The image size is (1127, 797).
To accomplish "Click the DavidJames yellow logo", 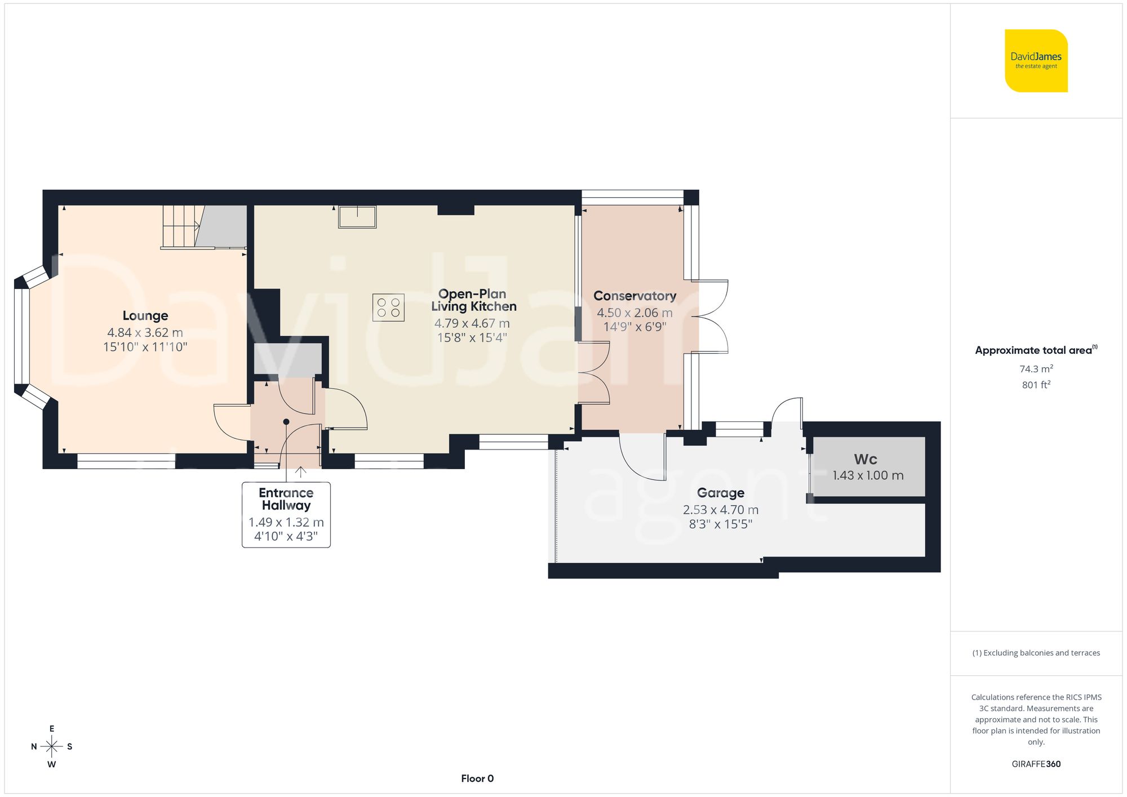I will point(1036,61).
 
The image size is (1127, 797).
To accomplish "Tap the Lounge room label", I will point(145,315).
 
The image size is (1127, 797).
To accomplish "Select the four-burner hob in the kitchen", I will point(388,308).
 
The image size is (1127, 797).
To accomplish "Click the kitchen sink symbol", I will point(357,217).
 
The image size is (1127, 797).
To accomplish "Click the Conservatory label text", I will point(635,296).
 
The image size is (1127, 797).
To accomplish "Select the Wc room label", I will point(865,459).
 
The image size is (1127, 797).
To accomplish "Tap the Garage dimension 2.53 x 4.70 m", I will point(720,510).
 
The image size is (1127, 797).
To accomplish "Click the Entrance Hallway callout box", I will point(286,514).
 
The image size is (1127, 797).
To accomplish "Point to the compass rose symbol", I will point(51,747).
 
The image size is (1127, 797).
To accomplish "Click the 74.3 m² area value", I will point(1036,369).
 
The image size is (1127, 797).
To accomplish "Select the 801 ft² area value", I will point(1036,385).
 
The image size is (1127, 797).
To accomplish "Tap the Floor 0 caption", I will point(477,778).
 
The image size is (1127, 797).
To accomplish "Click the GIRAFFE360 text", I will point(1036,764).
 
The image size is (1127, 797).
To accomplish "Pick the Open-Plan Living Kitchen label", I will point(473,300).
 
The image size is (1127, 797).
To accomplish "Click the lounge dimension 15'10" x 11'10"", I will point(145,347).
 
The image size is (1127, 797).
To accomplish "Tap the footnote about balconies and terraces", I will point(1036,653).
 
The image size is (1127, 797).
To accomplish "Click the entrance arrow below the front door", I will point(301,472).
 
